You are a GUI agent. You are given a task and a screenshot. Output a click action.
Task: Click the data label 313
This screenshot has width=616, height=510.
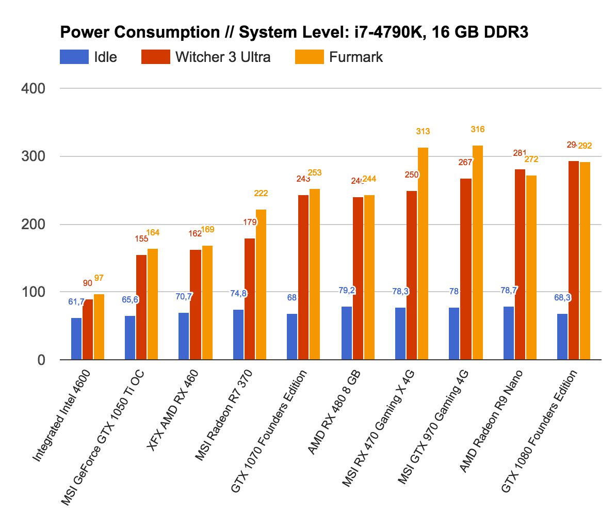(423, 132)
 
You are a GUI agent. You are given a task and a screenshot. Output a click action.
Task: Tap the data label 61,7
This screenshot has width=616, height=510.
(76, 301)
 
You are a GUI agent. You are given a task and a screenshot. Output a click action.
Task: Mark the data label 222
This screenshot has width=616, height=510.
(261, 194)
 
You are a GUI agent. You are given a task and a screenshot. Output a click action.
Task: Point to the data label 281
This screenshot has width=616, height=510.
(520, 153)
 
